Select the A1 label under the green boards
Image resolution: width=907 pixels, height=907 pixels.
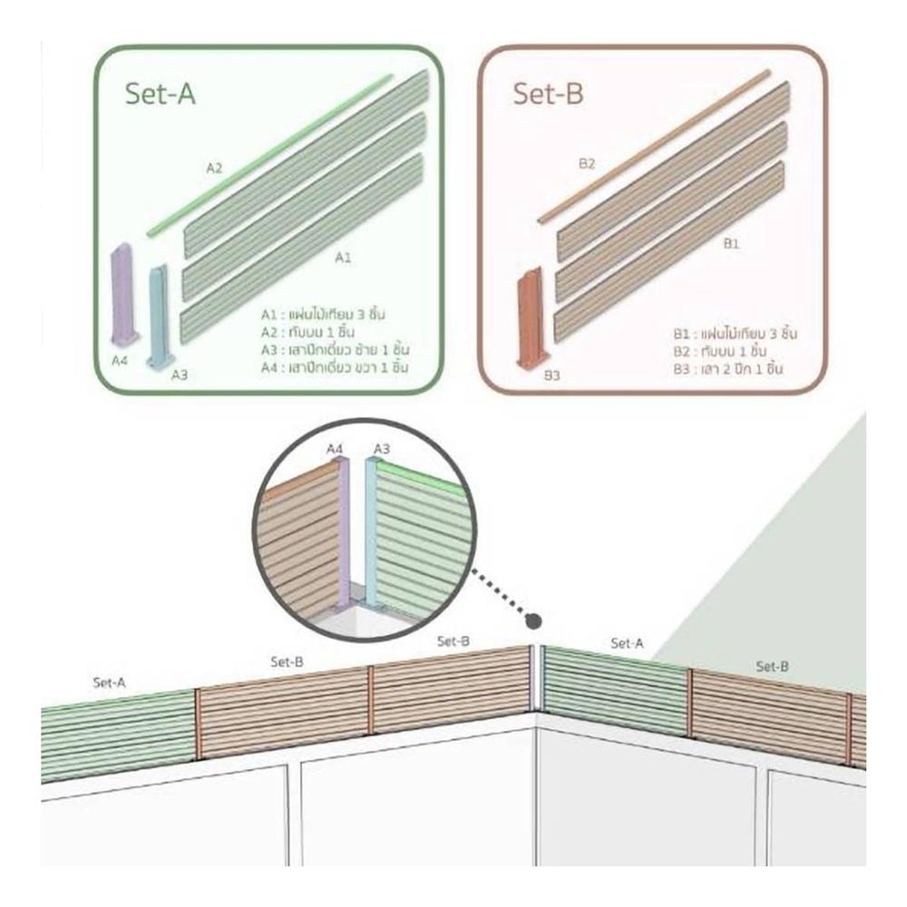[x=343, y=258]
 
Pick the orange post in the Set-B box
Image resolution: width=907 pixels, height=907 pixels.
[x=528, y=317]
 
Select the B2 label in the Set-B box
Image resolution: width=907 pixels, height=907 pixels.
[x=587, y=163]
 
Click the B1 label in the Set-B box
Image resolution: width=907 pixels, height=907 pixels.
[x=731, y=244]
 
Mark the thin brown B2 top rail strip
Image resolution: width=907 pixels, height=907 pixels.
[x=653, y=145]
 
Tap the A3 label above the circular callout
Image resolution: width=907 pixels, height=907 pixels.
[x=382, y=448]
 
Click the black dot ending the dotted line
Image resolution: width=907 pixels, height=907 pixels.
[x=534, y=621]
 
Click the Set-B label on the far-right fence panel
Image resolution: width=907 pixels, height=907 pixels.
[x=772, y=667]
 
